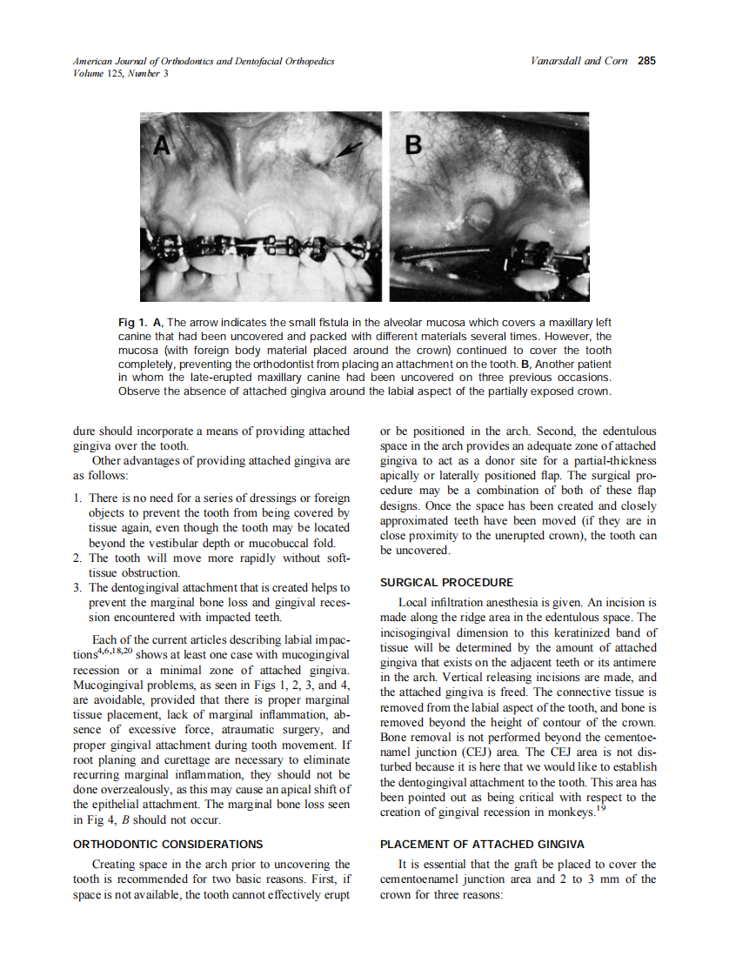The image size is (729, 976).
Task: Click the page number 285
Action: pyautogui.click(x=645, y=61)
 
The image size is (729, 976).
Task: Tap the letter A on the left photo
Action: pyautogui.click(x=163, y=146)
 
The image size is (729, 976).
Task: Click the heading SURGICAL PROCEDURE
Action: pyautogui.click(x=446, y=582)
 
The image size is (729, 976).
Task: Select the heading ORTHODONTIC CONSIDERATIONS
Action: pyautogui.click(x=168, y=844)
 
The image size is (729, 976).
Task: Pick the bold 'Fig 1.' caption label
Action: pyautogui.click(x=132, y=324)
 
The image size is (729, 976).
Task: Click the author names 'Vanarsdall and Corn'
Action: pyautogui.click(x=579, y=61)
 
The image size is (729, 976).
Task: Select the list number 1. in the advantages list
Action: pyautogui.click(x=78, y=498)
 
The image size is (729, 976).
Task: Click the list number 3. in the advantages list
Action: pyautogui.click(x=78, y=588)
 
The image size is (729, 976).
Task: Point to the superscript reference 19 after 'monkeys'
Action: pyautogui.click(x=600, y=808)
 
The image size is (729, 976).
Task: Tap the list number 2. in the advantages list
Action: pyautogui.click(x=78, y=558)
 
